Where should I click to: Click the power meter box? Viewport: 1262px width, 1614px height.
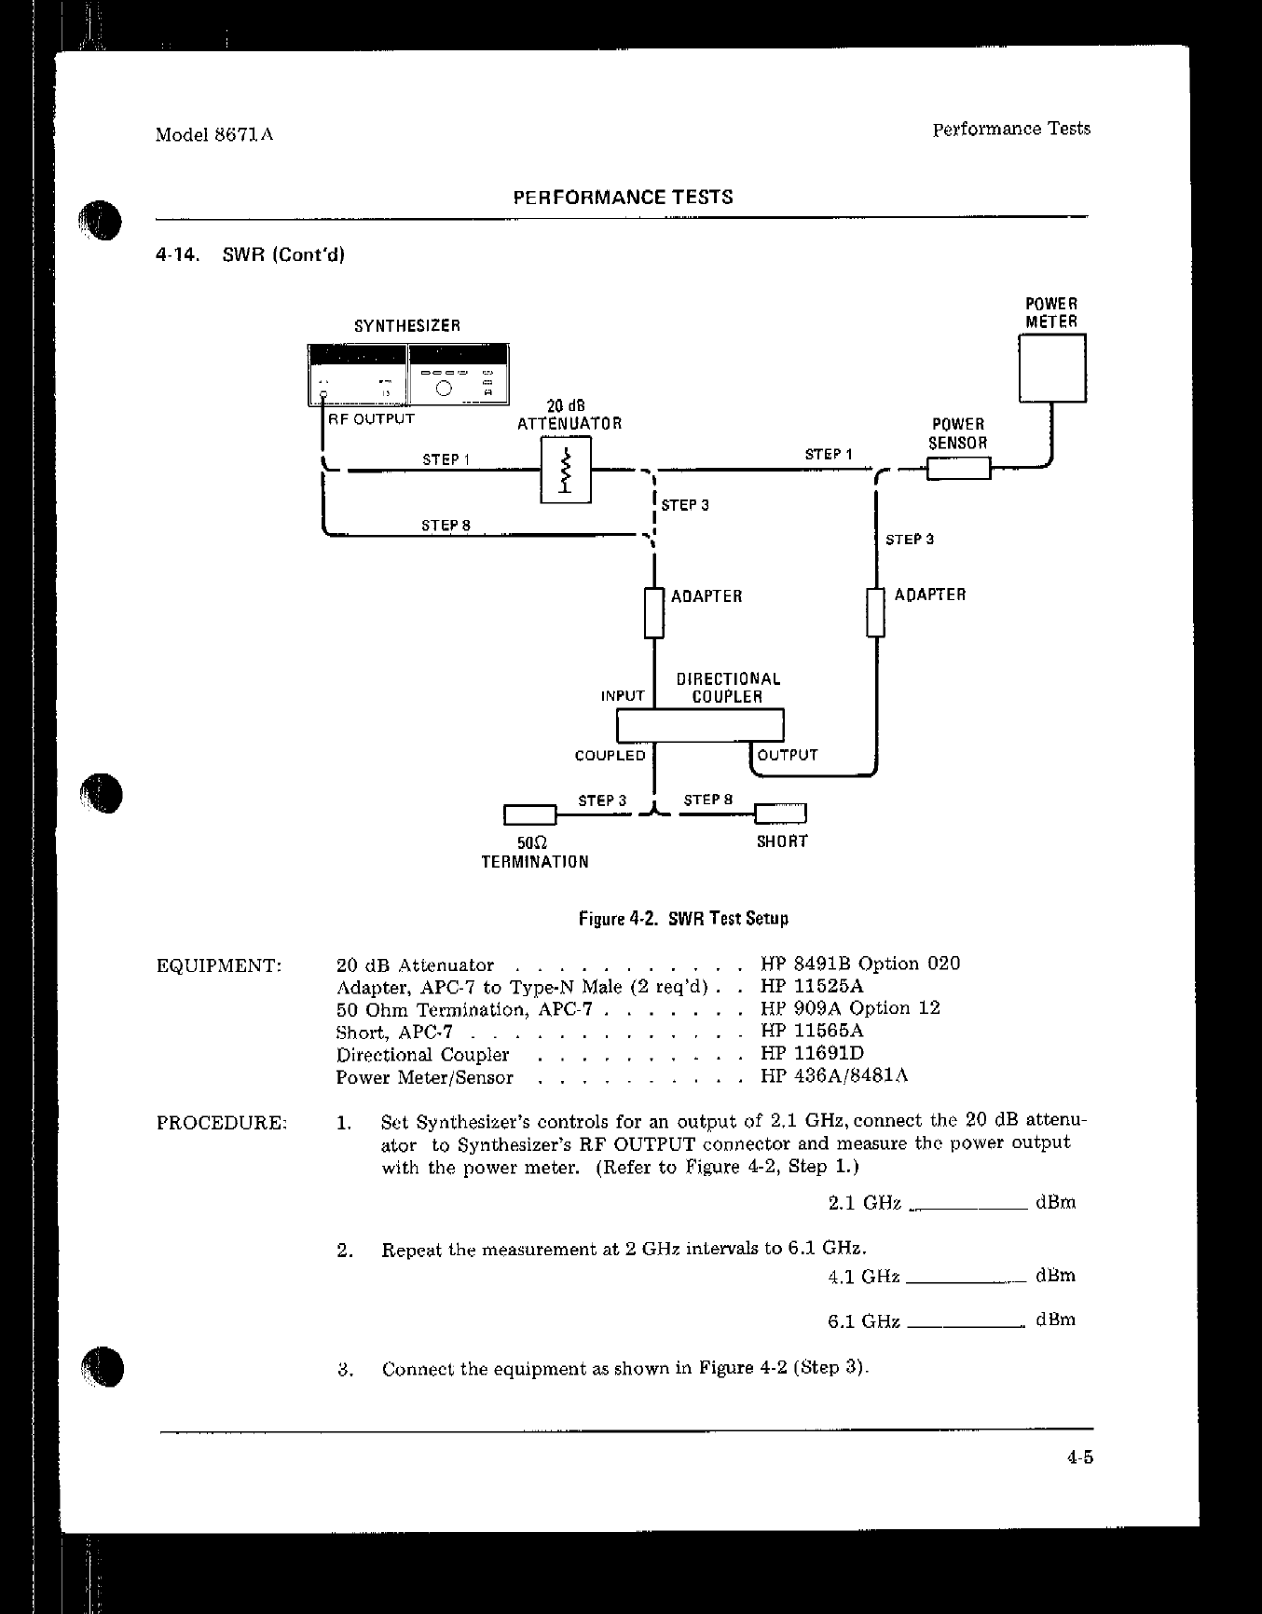tap(1052, 368)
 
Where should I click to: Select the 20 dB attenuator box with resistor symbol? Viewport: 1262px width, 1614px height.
tap(566, 471)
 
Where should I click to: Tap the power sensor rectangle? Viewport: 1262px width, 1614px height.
tap(958, 468)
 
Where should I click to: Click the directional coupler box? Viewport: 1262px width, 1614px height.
tap(700, 725)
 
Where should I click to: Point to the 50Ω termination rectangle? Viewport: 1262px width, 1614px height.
tap(529, 815)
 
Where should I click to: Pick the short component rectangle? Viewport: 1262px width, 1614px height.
tap(780, 814)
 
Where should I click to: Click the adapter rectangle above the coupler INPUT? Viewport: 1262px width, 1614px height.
tap(654, 612)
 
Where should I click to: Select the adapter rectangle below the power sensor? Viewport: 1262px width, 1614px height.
tap(875, 611)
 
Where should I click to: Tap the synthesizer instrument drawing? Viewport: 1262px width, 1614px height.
tap(408, 375)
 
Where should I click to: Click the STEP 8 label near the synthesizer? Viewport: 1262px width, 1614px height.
tap(446, 526)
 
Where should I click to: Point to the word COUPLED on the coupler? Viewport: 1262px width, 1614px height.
tap(610, 756)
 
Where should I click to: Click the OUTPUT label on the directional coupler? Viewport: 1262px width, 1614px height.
tap(788, 755)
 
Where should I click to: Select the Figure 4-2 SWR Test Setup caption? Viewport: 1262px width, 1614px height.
tap(683, 919)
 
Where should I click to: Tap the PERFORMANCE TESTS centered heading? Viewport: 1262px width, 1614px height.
tap(623, 198)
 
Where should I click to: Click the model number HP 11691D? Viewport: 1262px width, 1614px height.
tap(812, 1054)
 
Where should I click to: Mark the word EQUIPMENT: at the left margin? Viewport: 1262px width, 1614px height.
tap(219, 965)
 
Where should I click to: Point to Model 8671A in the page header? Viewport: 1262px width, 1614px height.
tap(214, 134)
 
